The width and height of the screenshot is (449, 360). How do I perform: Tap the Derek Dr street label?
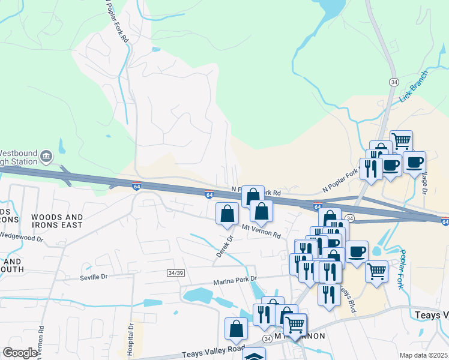coord(225,247)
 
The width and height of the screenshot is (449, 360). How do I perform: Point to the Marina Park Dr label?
coord(235,280)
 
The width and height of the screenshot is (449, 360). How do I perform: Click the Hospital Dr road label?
coord(130,340)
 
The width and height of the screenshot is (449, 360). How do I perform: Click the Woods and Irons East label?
coord(57,221)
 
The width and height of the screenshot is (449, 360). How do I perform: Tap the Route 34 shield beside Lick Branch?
coord(394,82)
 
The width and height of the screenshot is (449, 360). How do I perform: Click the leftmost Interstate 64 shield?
coord(137,186)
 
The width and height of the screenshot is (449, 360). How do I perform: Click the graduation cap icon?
coord(254,356)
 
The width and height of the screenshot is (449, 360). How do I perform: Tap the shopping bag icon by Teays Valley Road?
coord(236,328)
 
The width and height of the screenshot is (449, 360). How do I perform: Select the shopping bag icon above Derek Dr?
coord(227,213)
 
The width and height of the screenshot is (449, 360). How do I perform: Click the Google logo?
coord(20,353)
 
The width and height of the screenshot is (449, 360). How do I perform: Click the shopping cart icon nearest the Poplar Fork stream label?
coord(376,271)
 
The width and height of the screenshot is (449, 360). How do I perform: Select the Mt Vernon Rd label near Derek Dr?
coord(261,233)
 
